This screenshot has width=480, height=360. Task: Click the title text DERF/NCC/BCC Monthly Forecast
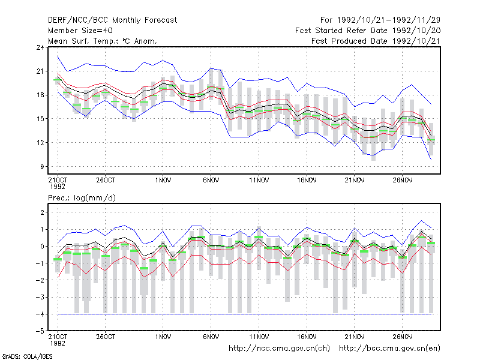[112, 20]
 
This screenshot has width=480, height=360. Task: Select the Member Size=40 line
[80, 31]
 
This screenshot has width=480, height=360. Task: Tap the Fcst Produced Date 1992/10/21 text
[376, 41]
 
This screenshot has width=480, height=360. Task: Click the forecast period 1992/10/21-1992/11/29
[389, 20]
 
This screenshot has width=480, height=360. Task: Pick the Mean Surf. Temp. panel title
[103, 41]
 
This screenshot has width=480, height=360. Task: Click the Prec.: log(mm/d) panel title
[82, 198]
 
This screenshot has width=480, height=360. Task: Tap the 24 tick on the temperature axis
[40, 47]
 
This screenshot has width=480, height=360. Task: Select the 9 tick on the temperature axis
[42, 167]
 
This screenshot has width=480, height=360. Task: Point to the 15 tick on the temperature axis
[40, 119]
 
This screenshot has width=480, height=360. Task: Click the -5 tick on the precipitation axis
[40, 331]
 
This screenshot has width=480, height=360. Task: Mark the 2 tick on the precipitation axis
[42, 212]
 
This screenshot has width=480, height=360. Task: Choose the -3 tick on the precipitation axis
[40, 297]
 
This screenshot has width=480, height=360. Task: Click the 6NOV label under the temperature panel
[211, 181]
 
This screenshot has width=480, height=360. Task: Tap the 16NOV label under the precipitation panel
[307, 337]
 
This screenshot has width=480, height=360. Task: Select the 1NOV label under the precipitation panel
[163, 337]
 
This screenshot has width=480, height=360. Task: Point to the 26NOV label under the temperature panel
[402, 181]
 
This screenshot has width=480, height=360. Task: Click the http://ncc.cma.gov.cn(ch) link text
[279, 349]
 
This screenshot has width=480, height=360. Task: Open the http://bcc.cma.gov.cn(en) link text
[389, 349]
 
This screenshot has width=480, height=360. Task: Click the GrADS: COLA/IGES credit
[27, 356]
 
